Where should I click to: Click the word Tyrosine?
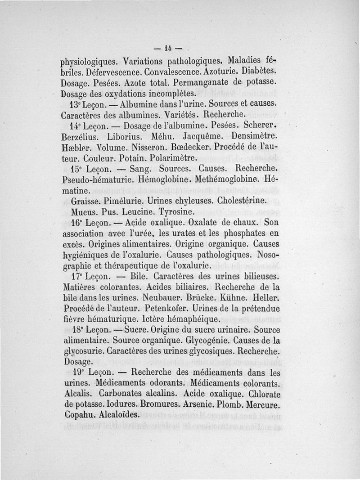[176, 211]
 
